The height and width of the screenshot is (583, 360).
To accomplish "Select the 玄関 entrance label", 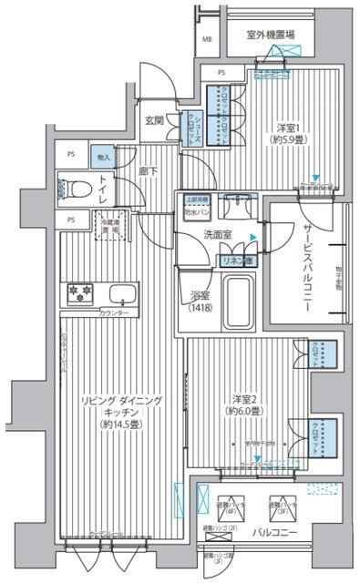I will [153, 121].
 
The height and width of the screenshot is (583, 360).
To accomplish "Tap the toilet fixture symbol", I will [73, 189].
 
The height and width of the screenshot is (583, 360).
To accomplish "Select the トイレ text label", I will [104, 189].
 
